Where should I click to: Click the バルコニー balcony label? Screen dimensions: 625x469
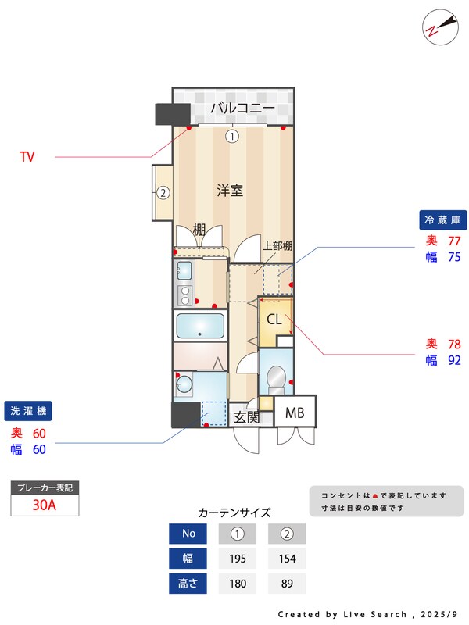pos(242,108)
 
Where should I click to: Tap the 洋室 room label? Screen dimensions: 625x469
pos(230,190)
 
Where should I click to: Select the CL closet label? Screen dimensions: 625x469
pos(274,320)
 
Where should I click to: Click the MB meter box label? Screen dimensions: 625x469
pos(295,412)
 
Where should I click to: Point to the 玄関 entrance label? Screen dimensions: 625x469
pos(246,417)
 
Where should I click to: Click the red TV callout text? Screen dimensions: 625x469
pos(27,158)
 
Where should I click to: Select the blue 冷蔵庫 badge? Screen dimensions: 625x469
pos(444,219)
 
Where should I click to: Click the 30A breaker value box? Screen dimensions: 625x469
pos(45,505)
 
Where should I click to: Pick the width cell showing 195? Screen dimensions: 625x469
pos(238,559)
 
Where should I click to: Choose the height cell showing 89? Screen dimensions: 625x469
pos(286,584)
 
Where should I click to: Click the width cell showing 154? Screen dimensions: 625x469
pos(286,559)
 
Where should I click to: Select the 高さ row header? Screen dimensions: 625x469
pos(189,584)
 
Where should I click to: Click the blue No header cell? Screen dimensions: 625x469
pos(189,534)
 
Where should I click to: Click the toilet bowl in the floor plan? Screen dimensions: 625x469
pos(276,380)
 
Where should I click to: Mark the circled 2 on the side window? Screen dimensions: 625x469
pos(163,193)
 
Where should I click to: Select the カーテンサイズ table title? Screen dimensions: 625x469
pos(234,512)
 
